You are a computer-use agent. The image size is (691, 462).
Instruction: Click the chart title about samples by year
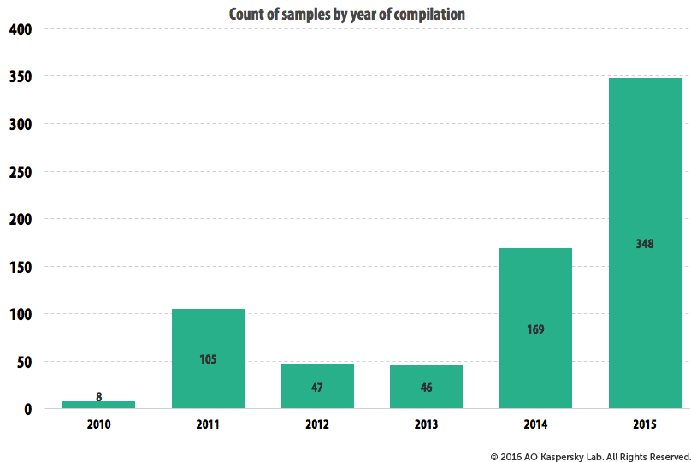346,14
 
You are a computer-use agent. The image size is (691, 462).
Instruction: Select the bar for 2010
99,404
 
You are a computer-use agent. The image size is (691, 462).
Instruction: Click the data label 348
645,244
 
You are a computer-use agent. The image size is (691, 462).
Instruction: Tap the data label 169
535,329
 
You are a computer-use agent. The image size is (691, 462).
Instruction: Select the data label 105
208,359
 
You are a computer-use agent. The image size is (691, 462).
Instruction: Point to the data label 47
317,388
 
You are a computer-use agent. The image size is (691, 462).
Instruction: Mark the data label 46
426,388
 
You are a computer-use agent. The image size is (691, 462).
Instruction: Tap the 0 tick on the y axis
27,409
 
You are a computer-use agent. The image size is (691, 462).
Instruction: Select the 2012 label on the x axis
317,424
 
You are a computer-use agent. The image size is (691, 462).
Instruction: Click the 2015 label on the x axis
645,424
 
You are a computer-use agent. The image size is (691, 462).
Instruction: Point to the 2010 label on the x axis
99,424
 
